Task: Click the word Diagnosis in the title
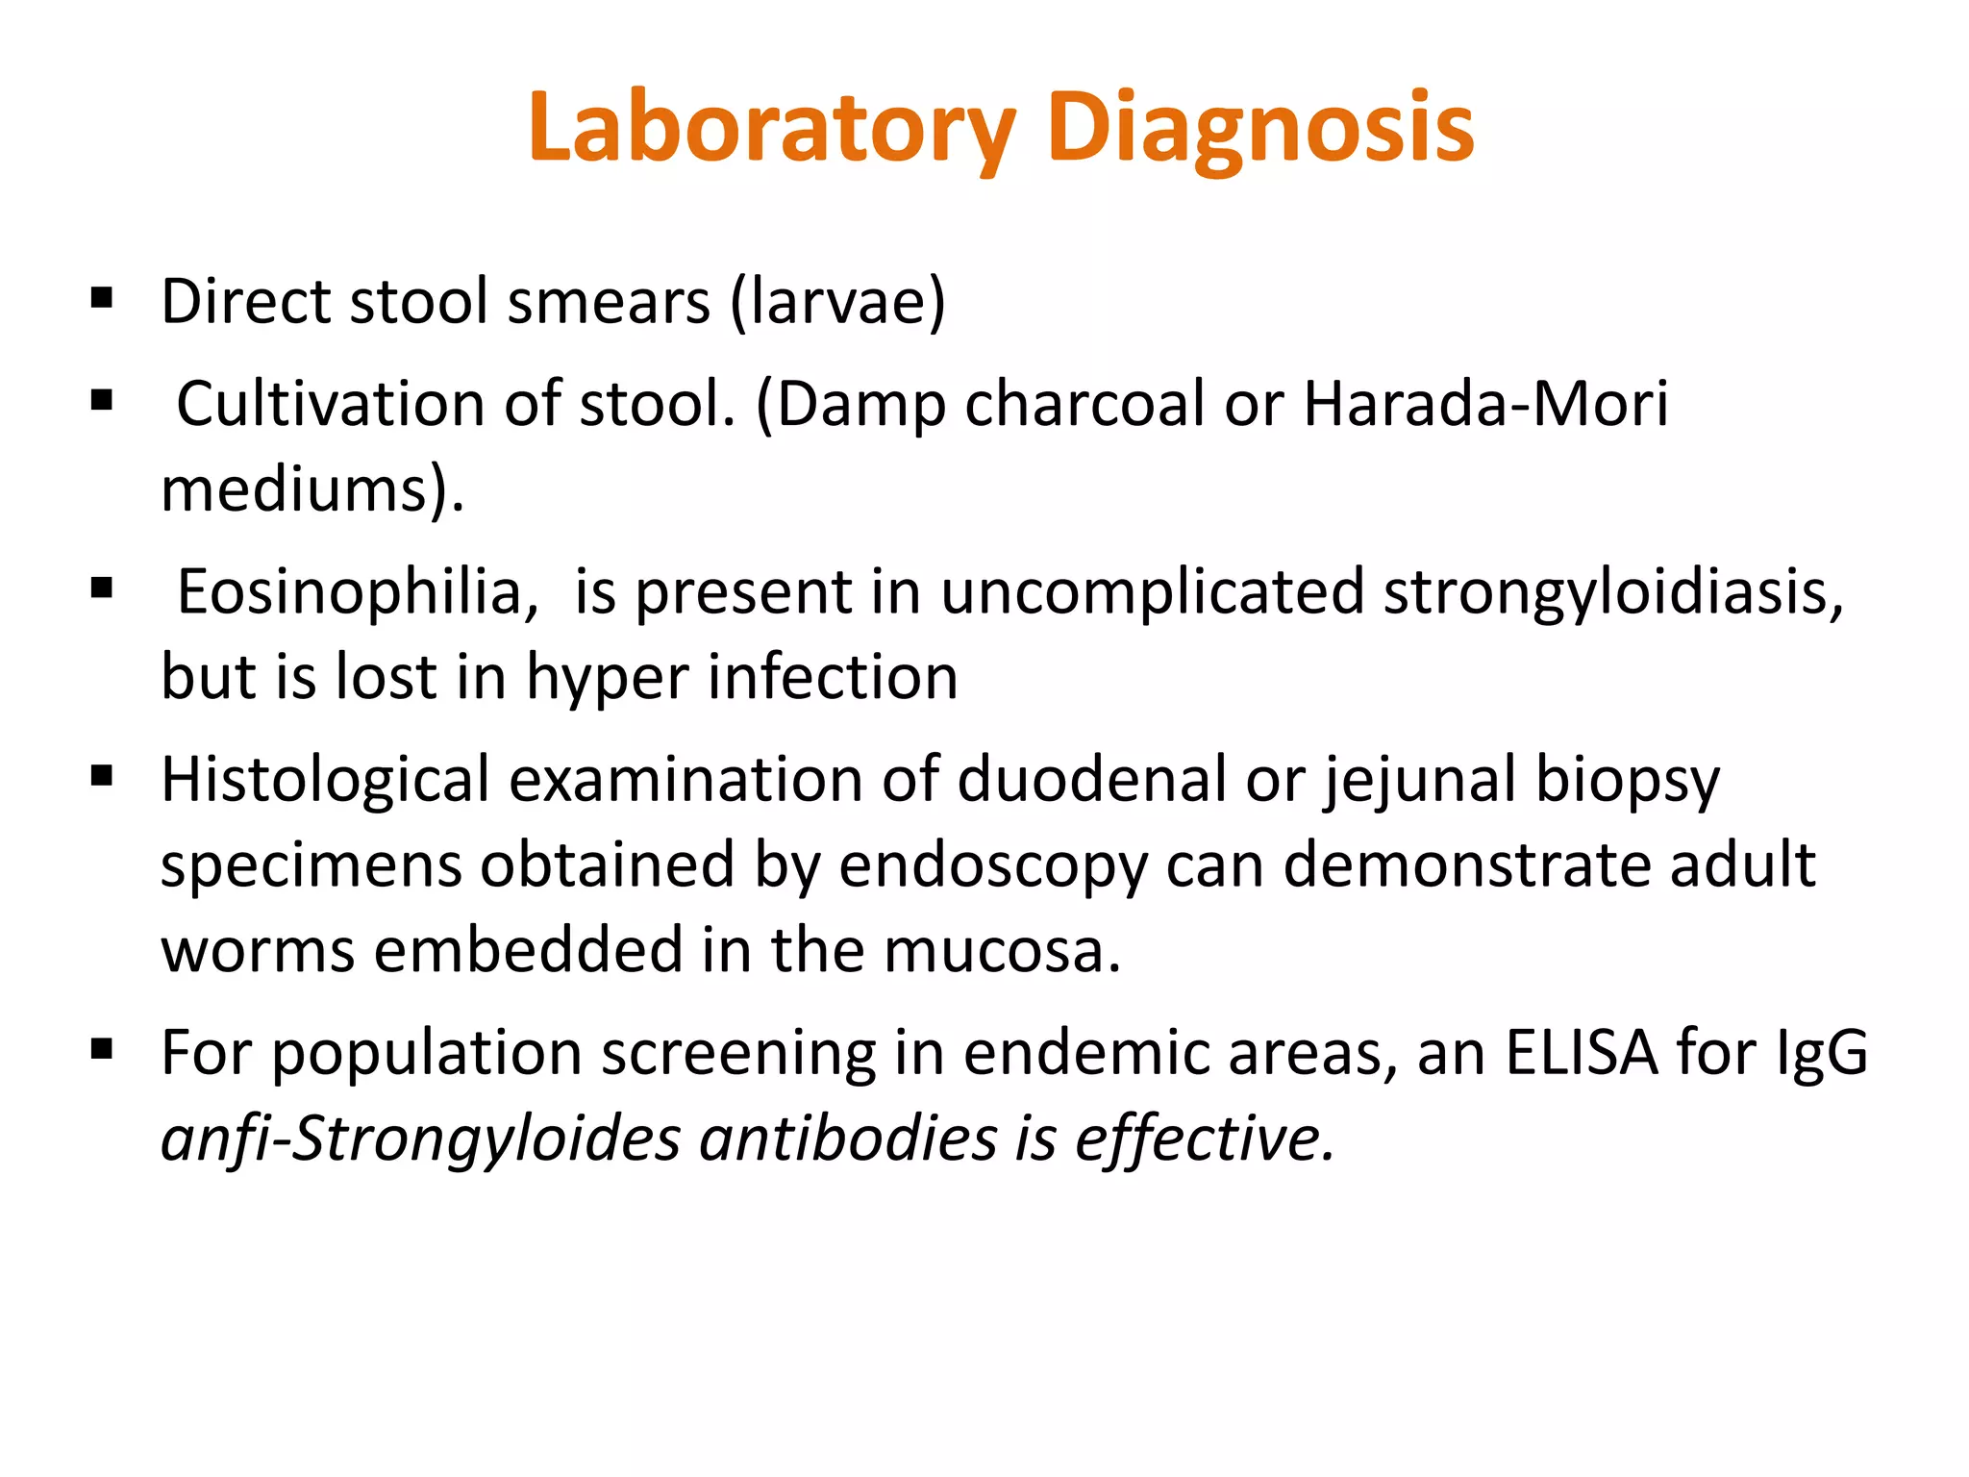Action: (1260, 128)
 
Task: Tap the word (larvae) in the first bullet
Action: (837, 303)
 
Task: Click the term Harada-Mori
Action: (1485, 404)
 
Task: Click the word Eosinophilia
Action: (358, 592)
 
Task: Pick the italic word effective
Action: (1205, 1139)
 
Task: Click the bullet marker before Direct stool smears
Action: (102, 299)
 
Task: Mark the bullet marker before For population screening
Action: (102, 1049)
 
